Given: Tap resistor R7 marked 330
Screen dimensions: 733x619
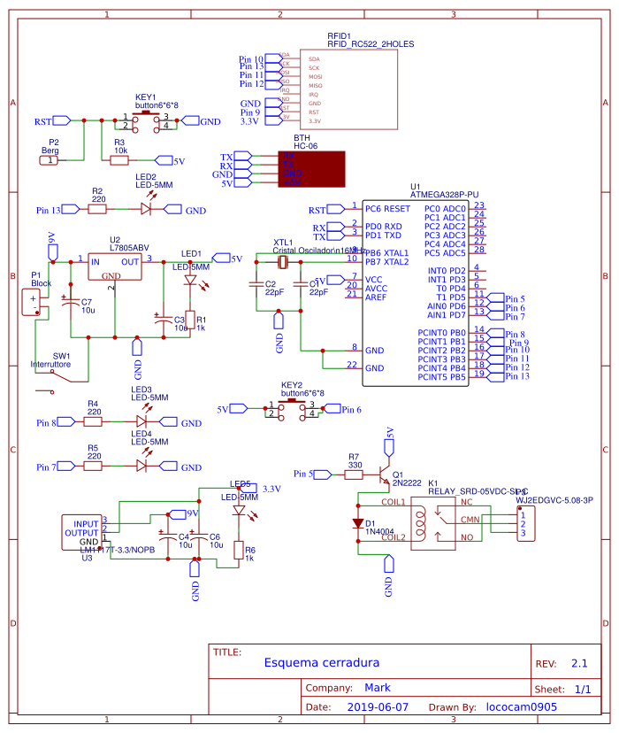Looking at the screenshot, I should pyautogui.click(x=355, y=475).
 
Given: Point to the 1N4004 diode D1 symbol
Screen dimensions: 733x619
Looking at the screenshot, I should pyautogui.click(x=357, y=523).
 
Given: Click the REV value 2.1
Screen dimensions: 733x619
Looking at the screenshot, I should pyautogui.click(x=579, y=662).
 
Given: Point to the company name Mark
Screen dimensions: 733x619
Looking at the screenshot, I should pyautogui.click(x=377, y=687).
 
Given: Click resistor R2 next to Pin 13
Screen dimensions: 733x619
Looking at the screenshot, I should pyautogui.click(x=97, y=210).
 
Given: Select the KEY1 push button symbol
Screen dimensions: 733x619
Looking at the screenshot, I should pyautogui.click(x=146, y=120).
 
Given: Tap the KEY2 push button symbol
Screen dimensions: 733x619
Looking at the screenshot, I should pyautogui.click(x=291, y=408).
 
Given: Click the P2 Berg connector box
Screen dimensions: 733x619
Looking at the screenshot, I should pyautogui.click(x=52, y=160).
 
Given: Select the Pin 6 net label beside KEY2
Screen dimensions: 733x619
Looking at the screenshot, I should pyautogui.click(x=350, y=410).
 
